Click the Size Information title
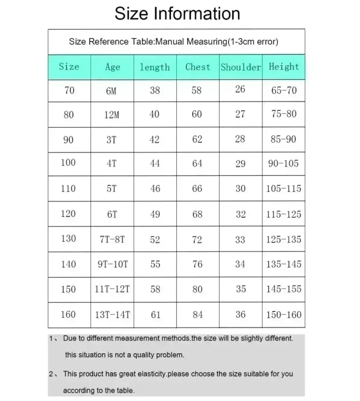click(x=177, y=13)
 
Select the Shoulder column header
click(x=241, y=67)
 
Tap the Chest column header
click(x=198, y=67)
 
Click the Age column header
click(x=112, y=67)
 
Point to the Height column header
click(x=283, y=67)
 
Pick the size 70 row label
click(x=69, y=90)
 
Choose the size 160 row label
click(x=68, y=314)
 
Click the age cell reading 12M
click(x=112, y=115)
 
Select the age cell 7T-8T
click(x=112, y=239)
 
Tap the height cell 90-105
click(x=283, y=163)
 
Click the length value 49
click(x=155, y=214)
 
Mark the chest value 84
click(x=198, y=315)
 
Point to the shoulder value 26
click(x=240, y=89)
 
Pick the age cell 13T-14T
click(x=112, y=315)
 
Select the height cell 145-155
click(x=283, y=289)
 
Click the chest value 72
click(x=197, y=239)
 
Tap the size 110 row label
click(x=68, y=189)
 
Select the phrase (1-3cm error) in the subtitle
click(x=253, y=42)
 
